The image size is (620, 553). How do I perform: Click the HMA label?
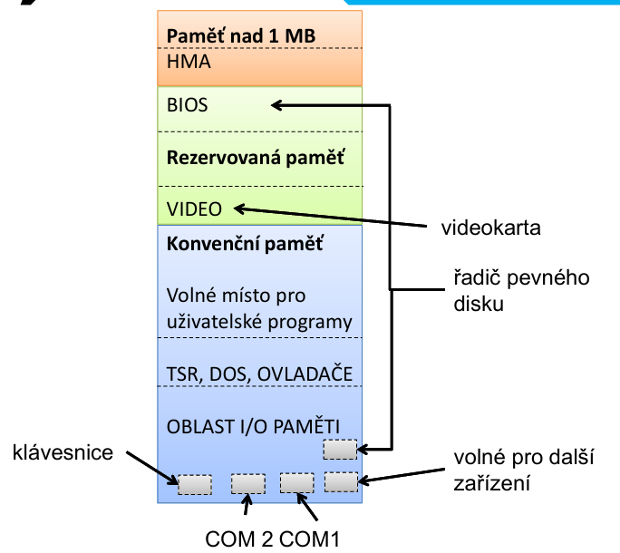[x=189, y=62]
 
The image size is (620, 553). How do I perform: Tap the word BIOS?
[x=188, y=105]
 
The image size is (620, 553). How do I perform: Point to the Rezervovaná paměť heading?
[x=256, y=156]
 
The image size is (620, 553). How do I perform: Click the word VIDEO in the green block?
[x=194, y=209]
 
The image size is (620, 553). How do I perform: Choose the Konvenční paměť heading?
[x=245, y=244]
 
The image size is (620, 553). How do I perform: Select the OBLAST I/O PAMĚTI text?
[x=253, y=426]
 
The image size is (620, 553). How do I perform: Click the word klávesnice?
[x=63, y=451]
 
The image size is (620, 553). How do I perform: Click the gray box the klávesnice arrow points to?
[x=194, y=485]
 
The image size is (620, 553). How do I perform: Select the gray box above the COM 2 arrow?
[x=247, y=483]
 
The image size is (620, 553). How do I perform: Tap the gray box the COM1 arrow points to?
[x=296, y=482]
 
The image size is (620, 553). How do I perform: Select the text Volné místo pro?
[x=236, y=296]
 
